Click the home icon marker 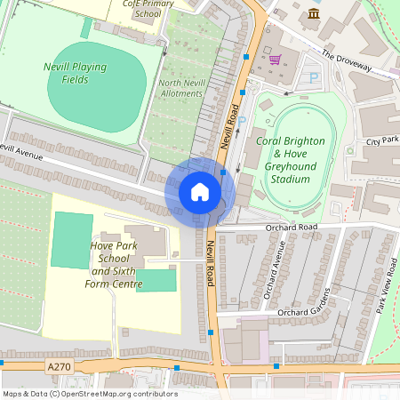click(200, 191)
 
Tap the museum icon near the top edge click(313, 12)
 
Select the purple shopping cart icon click(275, 60)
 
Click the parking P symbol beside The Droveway click(314, 78)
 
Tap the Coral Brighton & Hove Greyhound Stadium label click(291, 160)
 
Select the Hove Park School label click(115, 264)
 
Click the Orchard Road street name click(290, 228)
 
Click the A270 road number click(60, 365)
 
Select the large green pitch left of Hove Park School click(71, 240)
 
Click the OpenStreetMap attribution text click(89, 394)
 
